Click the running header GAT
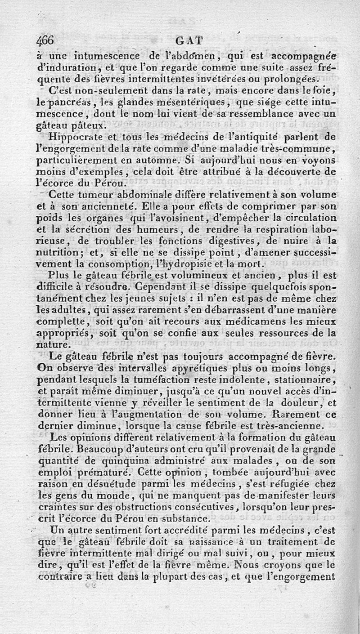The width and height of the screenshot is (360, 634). click(188, 41)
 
